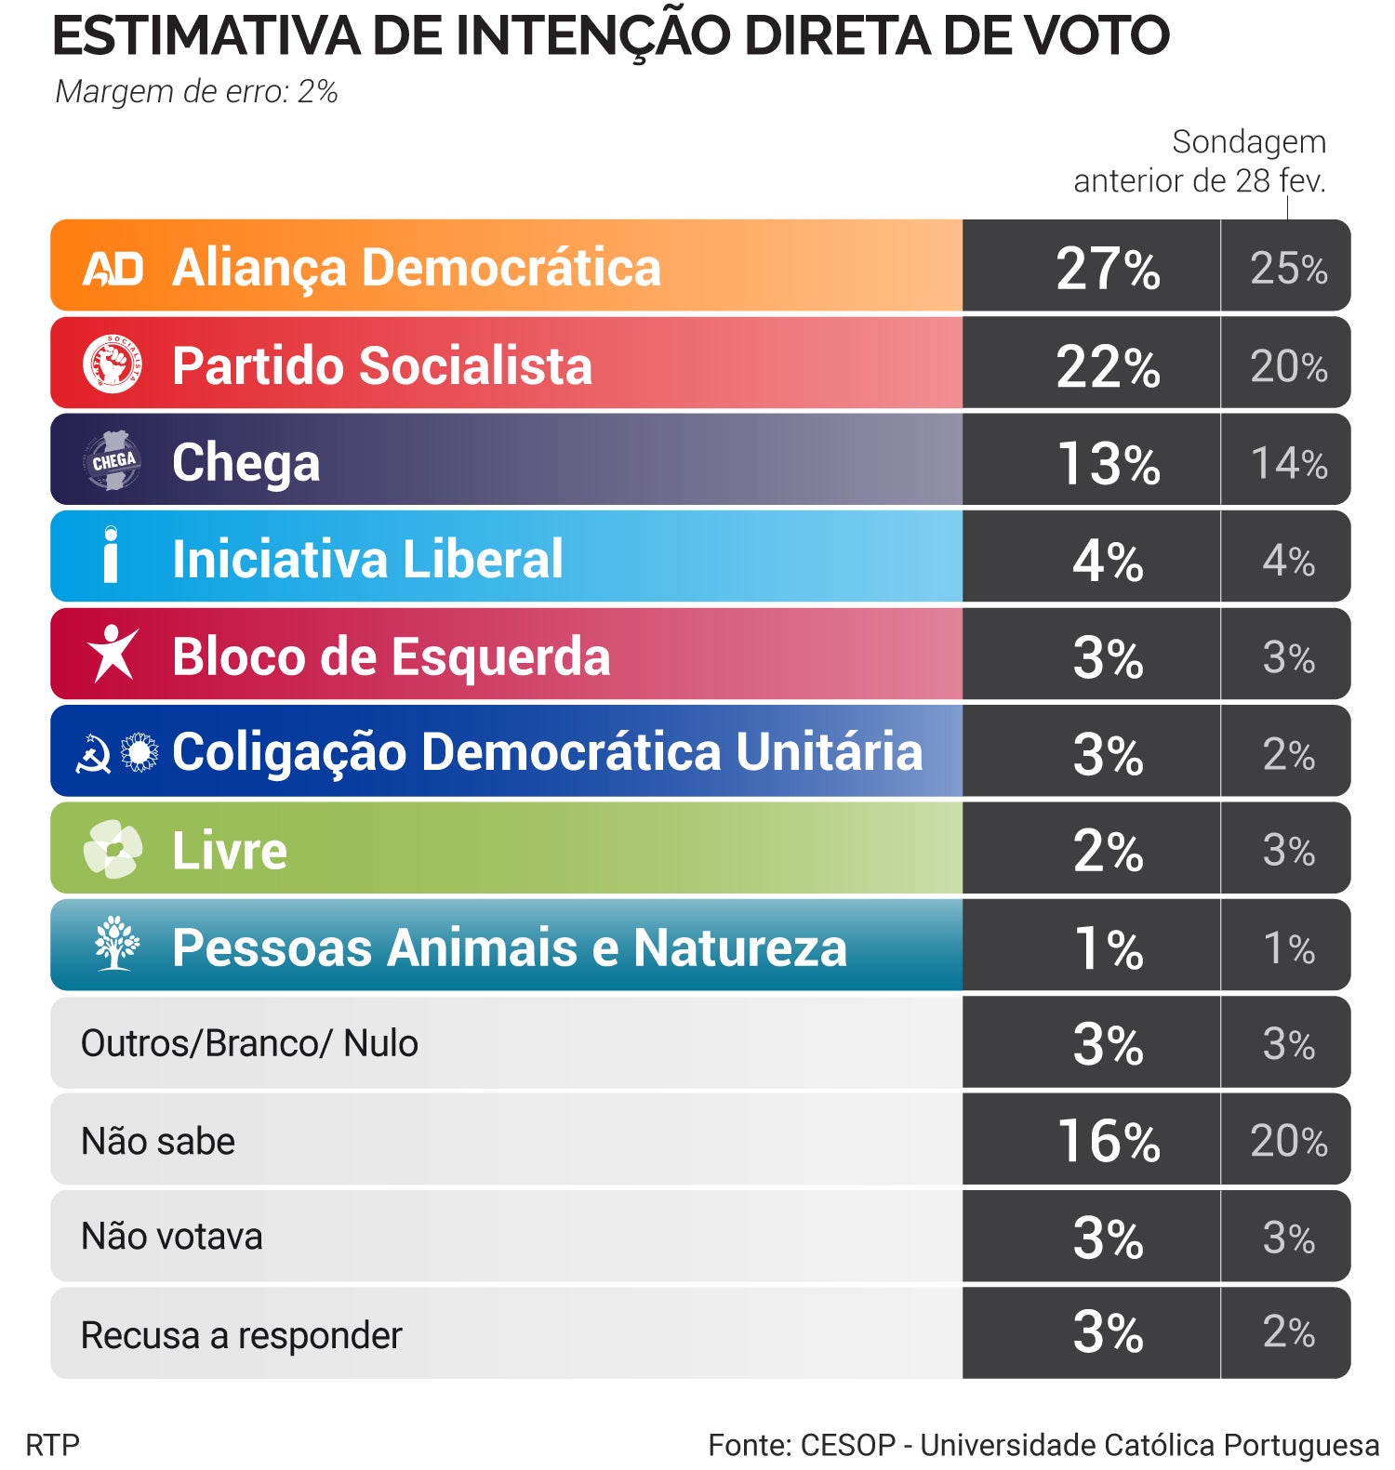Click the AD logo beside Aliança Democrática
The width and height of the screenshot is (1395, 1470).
point(113,269)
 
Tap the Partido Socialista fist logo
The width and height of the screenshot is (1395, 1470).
point(113,364)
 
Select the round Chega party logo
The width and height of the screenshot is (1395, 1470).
point(113,460)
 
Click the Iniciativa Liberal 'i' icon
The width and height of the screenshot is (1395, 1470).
point(111,555)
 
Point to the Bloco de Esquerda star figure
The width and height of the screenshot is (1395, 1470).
point(113,653)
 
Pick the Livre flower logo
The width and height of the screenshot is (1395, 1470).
point(113,849)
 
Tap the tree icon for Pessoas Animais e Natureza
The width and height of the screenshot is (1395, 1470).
point(116,944)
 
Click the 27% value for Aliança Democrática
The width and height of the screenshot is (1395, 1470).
point(1108,269)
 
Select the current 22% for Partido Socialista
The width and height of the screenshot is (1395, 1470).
point(1108,365)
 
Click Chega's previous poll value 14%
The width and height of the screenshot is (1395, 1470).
point(1288,462)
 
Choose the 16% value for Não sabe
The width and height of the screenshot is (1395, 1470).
point(1108,1141)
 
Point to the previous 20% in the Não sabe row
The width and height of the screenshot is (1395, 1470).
point(1288,1141)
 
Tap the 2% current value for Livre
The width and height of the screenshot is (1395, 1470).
point(1108,850)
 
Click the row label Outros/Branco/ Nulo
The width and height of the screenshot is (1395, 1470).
point(249,1043)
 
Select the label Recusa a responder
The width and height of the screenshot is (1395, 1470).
point(241,1335)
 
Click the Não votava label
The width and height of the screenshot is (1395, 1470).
point(172,1237)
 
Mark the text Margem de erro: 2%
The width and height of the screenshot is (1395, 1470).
point(196,91)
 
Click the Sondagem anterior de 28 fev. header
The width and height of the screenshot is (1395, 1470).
point(1200,161)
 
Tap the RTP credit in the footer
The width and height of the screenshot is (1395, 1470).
point(53,1445)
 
